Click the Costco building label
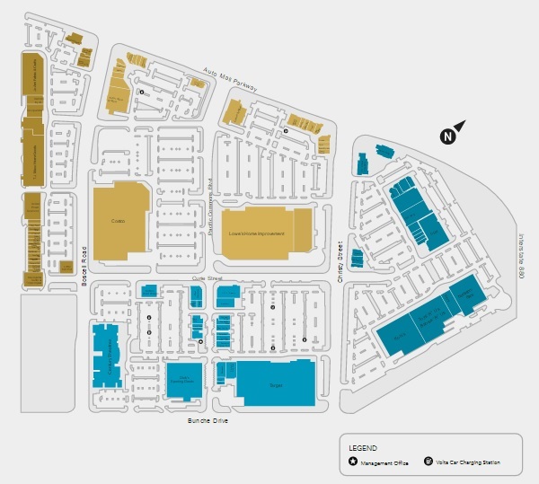[118, 220]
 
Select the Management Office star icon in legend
[352, 462]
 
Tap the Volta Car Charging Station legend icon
[428, 462]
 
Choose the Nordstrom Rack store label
[464, 295]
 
